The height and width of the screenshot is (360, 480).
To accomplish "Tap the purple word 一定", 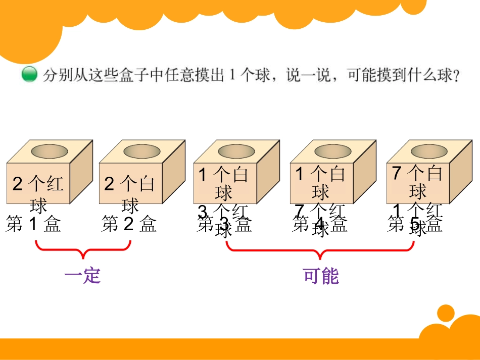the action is (x=83, y=276).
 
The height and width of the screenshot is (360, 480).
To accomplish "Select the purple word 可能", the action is (x=321, y=276).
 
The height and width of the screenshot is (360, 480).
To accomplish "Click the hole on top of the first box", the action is (x=50, y=151).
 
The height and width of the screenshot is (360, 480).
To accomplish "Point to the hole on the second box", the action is (x=142, y=151).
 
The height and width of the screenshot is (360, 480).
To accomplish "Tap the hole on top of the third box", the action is (x=236, y=151).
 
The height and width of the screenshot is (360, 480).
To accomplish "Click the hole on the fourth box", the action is (x=332, y=151).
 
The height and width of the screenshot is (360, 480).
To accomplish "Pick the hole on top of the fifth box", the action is (x=429, y=151).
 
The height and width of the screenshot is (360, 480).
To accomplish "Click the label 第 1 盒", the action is (x=33, y=224).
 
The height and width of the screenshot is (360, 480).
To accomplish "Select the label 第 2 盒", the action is (x=129, y=224).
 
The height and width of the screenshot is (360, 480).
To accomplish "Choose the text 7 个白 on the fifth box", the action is (x=417, y=173).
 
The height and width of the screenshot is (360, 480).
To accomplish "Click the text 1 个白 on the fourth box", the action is (x=320, y=175).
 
